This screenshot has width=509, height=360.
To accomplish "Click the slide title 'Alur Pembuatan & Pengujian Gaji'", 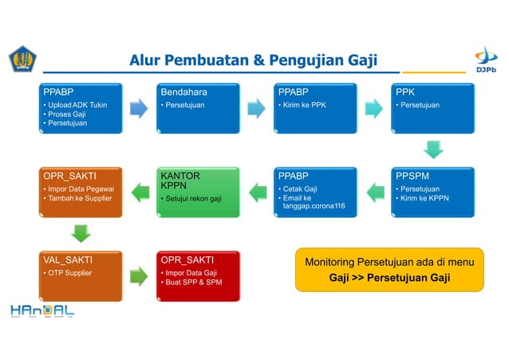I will click(x=253, y=61).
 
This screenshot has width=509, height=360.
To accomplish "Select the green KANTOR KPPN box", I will click(x=198, y=192).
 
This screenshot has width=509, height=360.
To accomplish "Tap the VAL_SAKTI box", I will click(x=82, y=275).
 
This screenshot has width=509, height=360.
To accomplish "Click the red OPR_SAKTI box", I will click(x=198, y=275).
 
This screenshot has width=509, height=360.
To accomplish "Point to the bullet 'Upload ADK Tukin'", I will click(x=77, y=105).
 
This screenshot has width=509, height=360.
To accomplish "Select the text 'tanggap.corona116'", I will click(x=314, y=207).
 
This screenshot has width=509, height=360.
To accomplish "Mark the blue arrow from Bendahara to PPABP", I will click(x=256, y=109).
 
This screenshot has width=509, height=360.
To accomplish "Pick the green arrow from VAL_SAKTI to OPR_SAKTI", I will click(x=139, y=276).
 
